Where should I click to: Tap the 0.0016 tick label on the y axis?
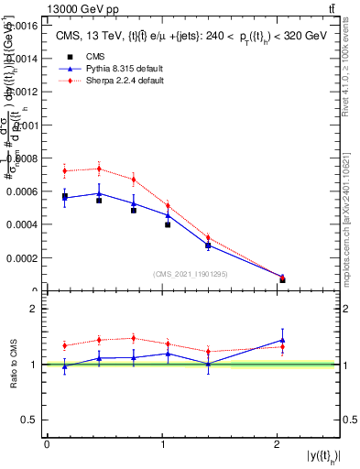(x=23, y=26)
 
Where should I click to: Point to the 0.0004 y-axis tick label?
(x=23, y=224)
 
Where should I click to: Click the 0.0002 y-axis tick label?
(x=23, y=257)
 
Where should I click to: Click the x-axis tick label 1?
(x=162, y=444)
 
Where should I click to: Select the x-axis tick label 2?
(x=278, y=444)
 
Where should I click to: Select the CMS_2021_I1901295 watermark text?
(x=191, y=275)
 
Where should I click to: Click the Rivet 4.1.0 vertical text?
(x=352, y=69)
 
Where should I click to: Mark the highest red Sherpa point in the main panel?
(x=99, y=169)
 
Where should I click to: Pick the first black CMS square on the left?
(x=64, y=197)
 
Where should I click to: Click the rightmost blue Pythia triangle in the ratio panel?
(x=282, y=340)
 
